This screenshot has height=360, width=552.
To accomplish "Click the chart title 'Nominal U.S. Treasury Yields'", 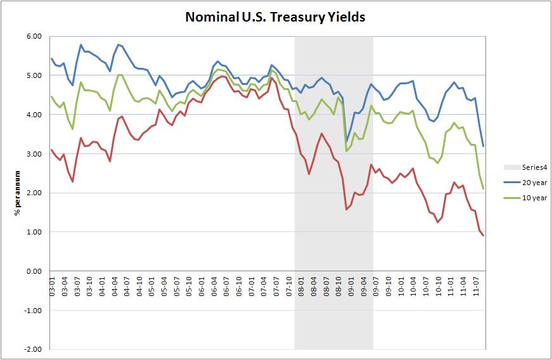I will coord(275,17).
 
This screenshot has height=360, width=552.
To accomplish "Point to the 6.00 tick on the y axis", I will coord(33,36).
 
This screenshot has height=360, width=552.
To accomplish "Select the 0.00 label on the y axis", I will coord(33,271).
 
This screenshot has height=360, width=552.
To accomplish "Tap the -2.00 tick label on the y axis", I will coord(32,349).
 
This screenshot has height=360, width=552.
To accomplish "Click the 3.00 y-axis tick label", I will coord(33,154).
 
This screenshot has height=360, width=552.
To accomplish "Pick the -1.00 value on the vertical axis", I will coord(32,311).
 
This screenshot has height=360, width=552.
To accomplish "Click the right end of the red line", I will coord(484,236).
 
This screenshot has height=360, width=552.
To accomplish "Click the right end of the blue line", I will coord(484,146).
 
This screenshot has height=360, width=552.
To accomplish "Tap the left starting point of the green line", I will coord(51,96).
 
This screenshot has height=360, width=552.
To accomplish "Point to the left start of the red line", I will coord(51,150).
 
